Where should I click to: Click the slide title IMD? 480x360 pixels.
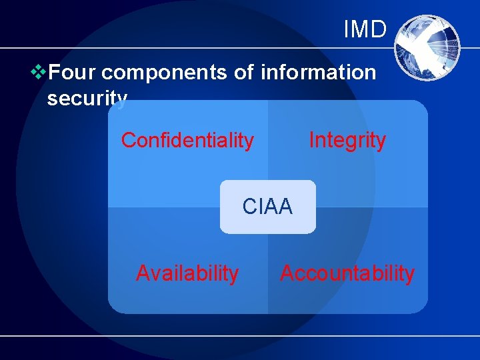[x=365, y=29]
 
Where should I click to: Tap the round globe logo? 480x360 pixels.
[x=427, y=47]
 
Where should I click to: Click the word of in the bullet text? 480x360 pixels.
[x=243, y=72]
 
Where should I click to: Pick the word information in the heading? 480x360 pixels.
[x=318, y=72]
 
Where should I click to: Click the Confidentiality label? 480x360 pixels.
[x=187, y=141]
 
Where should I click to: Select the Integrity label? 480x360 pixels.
[x=347, y=140]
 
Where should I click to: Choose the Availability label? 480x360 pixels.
[x=187, y=273]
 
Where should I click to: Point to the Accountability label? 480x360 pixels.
[x=347, y=273]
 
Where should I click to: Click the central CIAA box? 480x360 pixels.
[x=268, y=207]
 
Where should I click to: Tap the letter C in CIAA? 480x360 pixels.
[x=249, y=207]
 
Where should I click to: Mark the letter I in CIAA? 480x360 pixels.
[x=261, y=207]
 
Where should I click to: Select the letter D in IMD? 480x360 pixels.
[x=379, y=29]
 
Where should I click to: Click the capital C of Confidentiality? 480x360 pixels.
[x=128, y=141]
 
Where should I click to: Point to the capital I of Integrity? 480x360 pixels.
[x=311, y=140]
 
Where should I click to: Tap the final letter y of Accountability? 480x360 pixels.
[x=410, y=275]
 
